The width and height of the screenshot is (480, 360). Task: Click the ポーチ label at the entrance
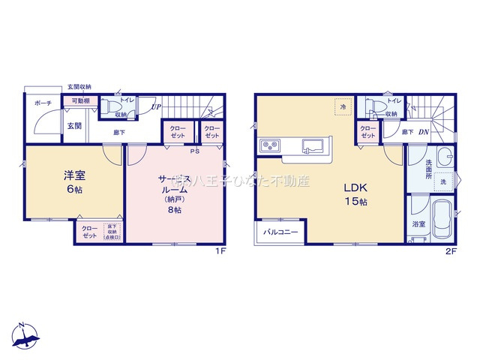42,104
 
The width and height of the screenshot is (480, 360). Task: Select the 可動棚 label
81,100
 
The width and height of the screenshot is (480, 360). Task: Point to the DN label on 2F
424,133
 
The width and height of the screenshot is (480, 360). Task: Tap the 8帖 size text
174,210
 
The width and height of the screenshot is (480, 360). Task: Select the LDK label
355,187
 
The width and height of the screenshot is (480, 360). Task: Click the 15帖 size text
355,202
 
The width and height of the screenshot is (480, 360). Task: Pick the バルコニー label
281,232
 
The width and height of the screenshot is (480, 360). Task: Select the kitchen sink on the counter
313,144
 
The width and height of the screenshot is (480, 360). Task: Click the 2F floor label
451,252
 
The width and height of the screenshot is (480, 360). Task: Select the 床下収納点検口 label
114,231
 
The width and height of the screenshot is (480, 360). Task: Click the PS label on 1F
195,151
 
